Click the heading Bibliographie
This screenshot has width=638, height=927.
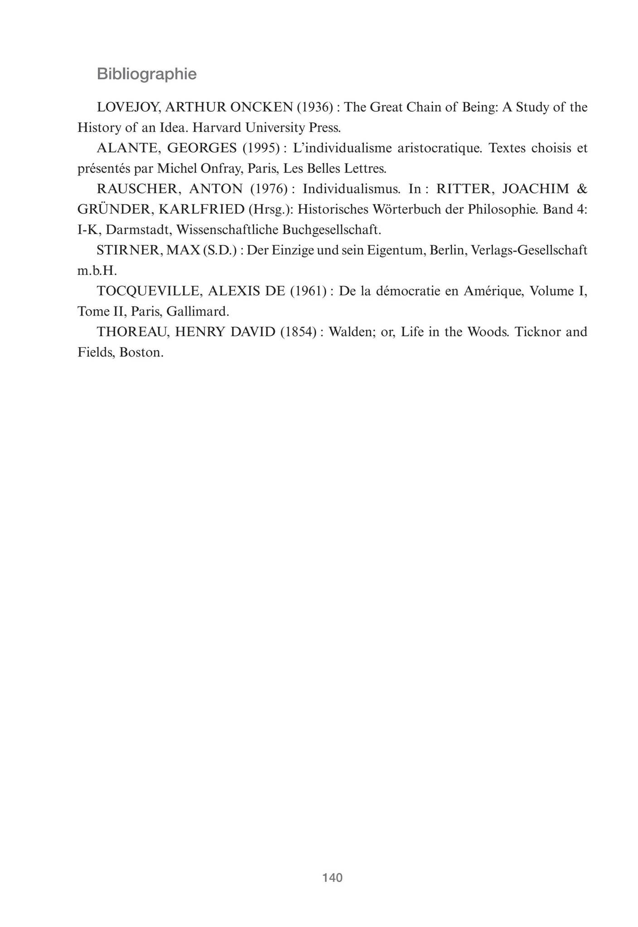(147, 74)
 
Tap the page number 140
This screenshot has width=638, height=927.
(332, 878)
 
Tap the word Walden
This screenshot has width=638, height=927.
(348, 332)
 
